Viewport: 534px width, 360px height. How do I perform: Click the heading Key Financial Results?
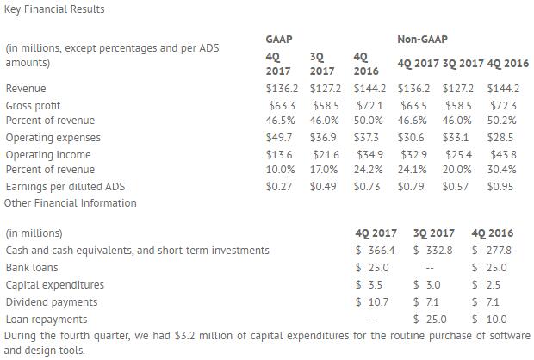(x=54, y=9)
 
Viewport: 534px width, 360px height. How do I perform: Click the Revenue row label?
(x=26, y=89)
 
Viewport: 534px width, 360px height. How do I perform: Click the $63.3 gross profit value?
(x=281, y=105)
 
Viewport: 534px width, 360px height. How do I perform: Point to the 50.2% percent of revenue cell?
(x=500, y=121)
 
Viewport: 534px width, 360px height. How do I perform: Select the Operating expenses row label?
(x=53, y=138)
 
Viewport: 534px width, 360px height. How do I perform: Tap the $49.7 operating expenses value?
(x=281, y=138)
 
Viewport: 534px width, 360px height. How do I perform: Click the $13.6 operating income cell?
(x=281, y=154)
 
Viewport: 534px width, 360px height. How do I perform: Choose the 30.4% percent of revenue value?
(x=500, y=170)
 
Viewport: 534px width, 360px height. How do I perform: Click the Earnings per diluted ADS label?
(x=65, y=186)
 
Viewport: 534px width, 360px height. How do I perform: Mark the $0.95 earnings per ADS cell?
(x=500, y=186)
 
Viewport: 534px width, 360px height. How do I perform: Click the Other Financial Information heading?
(x=71, y=203)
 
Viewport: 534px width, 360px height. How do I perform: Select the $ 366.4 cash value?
(x=376, y=251)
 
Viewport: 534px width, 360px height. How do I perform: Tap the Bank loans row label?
(x=32, y=268)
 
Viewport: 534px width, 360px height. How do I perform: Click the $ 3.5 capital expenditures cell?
(x=370, y=285)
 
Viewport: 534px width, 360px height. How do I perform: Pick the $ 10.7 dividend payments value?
(x=373, y=302)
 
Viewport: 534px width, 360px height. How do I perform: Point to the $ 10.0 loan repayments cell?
(x=492, y=320)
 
